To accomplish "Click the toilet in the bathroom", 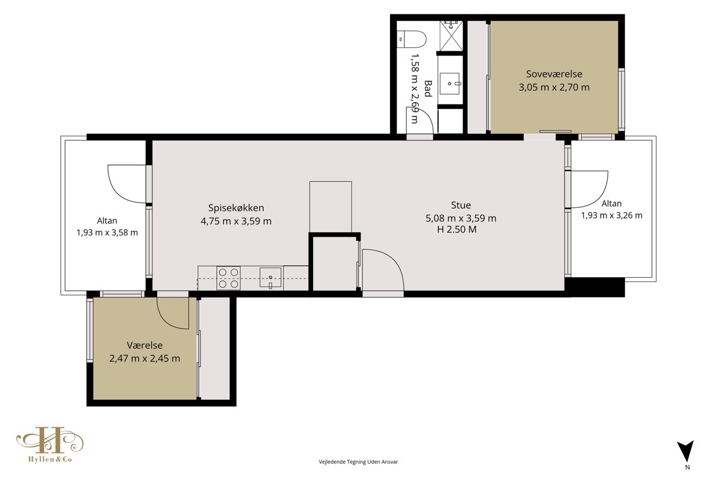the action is (411, 39).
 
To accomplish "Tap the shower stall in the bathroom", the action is (451, 36).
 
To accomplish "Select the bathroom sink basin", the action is (450, 84).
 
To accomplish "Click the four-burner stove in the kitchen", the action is (228, 278).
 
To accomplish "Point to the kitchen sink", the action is (271, 278).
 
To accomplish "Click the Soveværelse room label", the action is (554, 74).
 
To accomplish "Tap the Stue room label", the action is (461, 205).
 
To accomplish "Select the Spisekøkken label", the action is (236, 208).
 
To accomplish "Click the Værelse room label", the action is (145, 345).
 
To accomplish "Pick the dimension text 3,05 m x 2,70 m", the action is (554, 87).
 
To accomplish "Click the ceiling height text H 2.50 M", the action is (456, 229).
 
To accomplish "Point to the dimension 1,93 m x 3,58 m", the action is (107, 232).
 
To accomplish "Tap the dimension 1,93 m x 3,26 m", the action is (612, 215).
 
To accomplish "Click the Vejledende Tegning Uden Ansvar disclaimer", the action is (358, 462).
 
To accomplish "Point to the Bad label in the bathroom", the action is (428, 88).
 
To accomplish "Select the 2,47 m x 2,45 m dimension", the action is (145, 358).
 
